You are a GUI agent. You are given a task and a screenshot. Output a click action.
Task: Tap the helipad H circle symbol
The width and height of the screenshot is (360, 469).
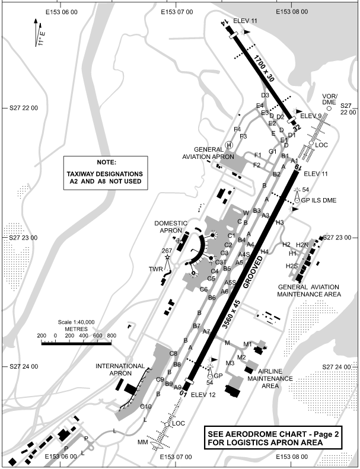click(229, 145)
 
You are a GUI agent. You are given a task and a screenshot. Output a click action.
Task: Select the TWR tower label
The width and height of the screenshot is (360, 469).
click(155, 269)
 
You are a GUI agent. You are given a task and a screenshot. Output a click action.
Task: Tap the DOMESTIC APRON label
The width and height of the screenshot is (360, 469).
click(171, 226)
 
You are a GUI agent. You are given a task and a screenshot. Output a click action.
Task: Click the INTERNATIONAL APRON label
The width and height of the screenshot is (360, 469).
click(120, 370)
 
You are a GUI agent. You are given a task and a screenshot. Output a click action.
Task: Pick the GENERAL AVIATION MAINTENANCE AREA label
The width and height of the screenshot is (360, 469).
click(310, 290)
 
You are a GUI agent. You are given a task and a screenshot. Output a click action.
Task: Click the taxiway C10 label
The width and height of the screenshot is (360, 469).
click(146, 406)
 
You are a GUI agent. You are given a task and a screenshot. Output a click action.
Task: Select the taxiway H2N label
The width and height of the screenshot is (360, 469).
click(302, 245)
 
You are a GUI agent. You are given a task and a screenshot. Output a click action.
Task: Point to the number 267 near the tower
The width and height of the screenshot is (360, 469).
click(167, 250)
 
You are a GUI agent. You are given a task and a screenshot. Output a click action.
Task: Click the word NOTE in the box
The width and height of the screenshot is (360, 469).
click(104, 162)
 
